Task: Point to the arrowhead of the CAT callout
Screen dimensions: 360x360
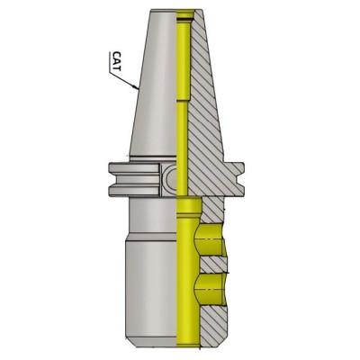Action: pos(136,89)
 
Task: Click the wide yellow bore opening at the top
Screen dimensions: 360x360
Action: pos(186,17)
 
